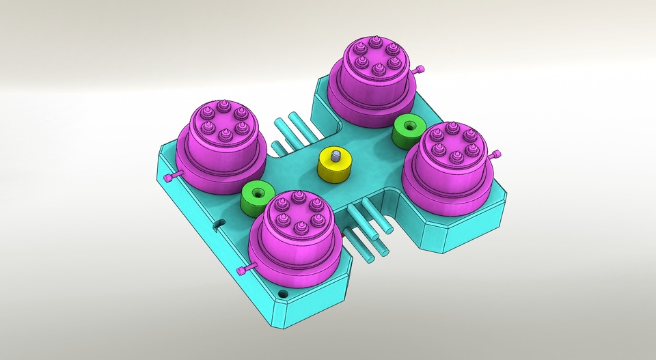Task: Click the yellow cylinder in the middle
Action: coord(336,170)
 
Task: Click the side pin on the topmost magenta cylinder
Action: coord(420,69)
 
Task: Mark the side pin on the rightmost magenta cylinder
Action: coord(498,153)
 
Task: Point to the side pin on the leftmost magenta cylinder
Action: coord(172,178)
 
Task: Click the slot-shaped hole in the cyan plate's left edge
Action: coord(218,224)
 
